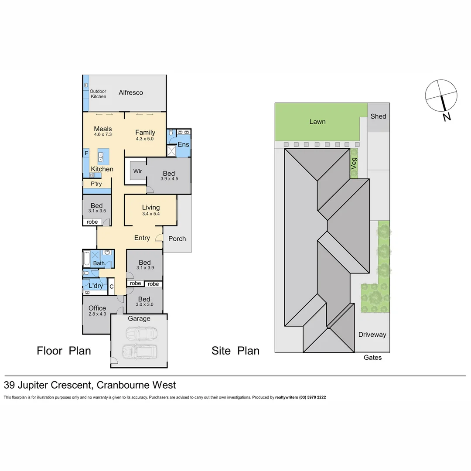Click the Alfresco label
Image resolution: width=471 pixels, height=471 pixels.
click(x=131, y=92)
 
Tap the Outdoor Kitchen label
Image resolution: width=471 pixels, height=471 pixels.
click(x=98, y=94)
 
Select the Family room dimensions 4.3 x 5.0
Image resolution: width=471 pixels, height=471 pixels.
click(x=145, y=139)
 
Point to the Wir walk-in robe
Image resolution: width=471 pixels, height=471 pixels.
click(x=138, y=171)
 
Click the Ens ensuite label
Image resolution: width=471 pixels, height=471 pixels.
click(x=183, y=145)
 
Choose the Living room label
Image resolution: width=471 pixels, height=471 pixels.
click(x=150, y=208)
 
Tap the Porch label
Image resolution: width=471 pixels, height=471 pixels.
click(x=177, y=239)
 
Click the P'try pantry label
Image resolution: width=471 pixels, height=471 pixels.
click(x=96, y=184)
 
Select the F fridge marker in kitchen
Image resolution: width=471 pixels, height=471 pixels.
click(x=86, y=153)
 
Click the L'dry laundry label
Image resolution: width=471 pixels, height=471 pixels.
click(x=96, y=286)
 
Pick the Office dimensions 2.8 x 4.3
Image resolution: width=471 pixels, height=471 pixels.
click(x=97, y=314)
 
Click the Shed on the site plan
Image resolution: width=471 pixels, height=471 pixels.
click(x=378, y=116)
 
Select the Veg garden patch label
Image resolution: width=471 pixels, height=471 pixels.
click(x=354, y=164)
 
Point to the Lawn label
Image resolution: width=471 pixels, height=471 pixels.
click(x=317, y=122)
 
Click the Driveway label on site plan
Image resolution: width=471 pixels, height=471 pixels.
click(x=372, y=334)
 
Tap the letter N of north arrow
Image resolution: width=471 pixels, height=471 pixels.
click(x=446, y=116)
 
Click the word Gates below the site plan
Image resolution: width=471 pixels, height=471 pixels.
click(x=372, y=358)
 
